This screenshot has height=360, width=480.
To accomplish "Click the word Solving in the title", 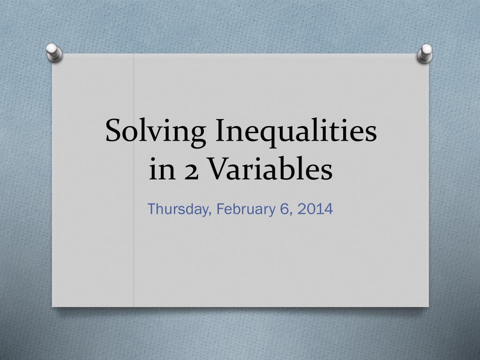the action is (156, 131).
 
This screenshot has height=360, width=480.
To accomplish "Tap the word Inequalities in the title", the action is (296, 131).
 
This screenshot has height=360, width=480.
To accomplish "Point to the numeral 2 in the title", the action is (192, 172).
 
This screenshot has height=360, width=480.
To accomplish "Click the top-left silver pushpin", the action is (54, 52).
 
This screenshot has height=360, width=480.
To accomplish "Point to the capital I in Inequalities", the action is (220, 131).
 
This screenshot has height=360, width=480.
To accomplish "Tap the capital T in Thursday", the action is (152, 209).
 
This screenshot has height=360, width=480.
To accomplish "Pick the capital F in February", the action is (221, 209).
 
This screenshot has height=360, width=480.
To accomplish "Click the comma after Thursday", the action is (210, 215).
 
